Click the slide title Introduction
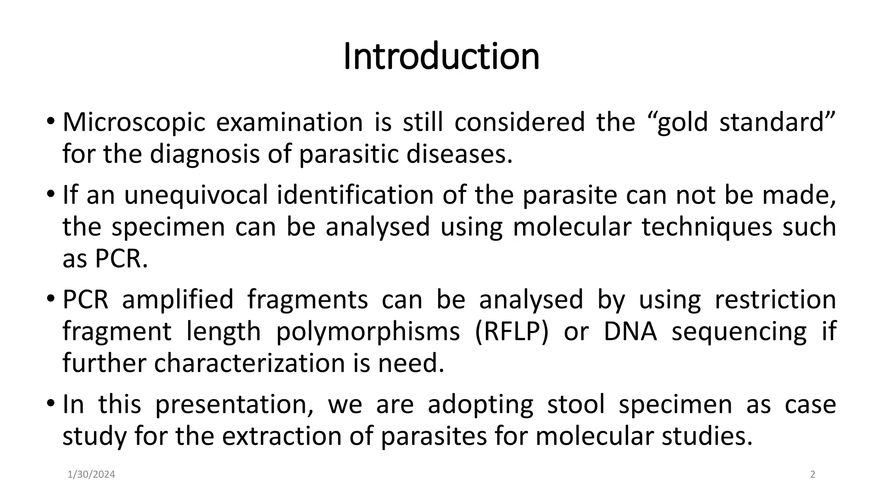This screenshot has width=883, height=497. click(441, 57)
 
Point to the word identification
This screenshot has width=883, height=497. click(354, 195)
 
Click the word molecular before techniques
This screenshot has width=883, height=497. click(572, 227)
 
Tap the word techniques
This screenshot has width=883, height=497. click(707, 227)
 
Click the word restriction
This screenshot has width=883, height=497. click(775, 300)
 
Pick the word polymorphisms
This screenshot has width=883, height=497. click(368, 332)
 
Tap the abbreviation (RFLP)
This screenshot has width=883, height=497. click(511, 332)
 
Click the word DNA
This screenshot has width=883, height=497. click(630, 332)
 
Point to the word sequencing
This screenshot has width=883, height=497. click(739, 332)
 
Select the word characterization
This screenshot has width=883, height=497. click(249, 364)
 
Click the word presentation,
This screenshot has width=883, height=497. click(234, 405)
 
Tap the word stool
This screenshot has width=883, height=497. click(576, 405)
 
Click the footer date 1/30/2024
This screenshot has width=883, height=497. click(91, 475)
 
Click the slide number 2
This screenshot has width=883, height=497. click(813, 475)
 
